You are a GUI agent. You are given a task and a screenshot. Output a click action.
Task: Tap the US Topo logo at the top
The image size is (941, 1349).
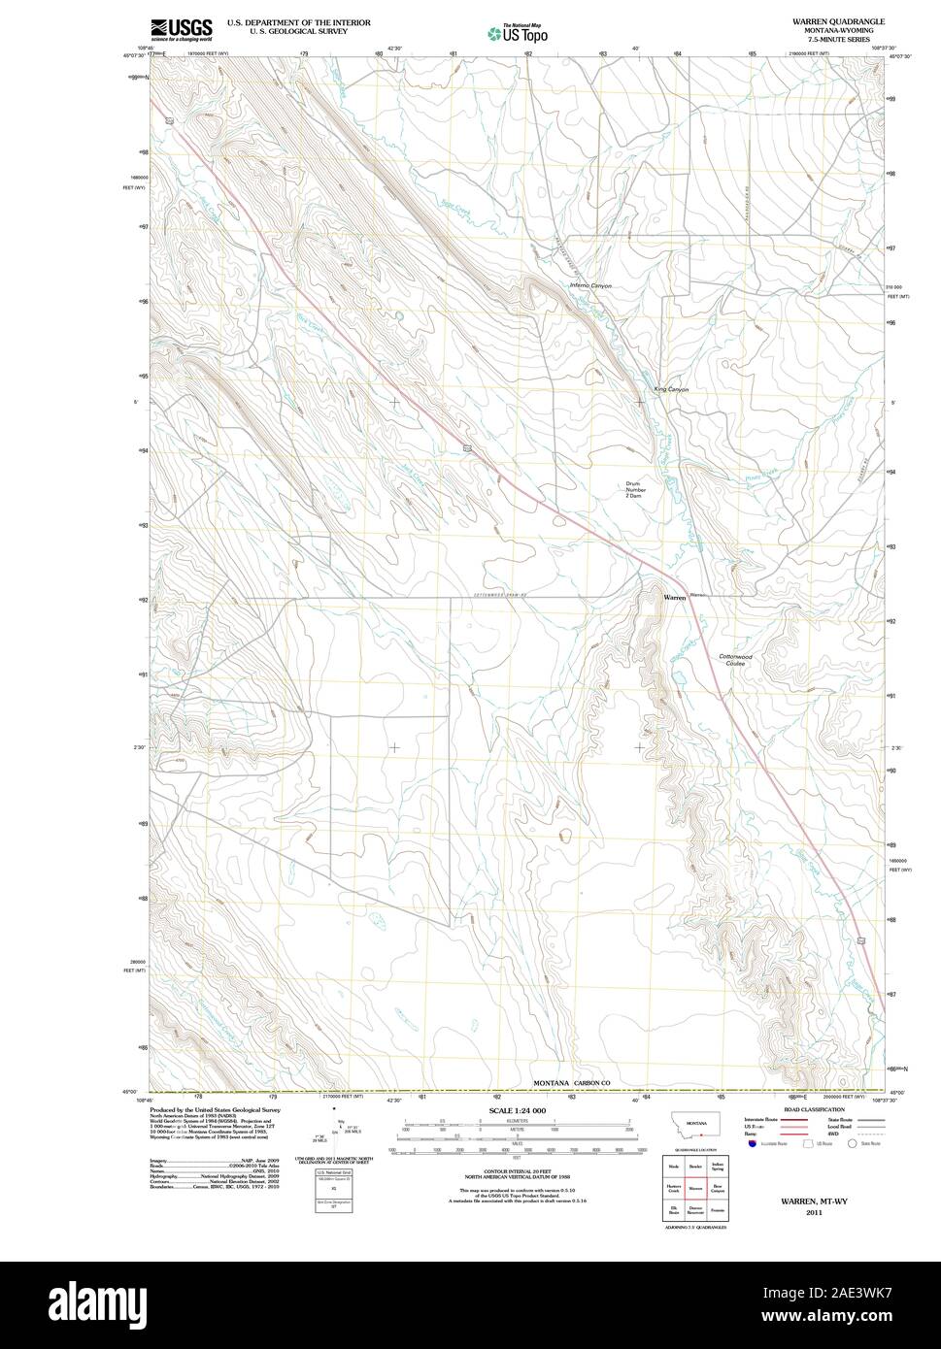tap(519, 33)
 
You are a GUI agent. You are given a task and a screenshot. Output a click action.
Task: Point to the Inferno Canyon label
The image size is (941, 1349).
tap(590, 286)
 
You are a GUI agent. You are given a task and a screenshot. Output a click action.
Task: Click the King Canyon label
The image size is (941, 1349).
tap(671, 389)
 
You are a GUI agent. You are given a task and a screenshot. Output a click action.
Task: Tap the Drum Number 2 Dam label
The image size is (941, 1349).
tap(635, 491)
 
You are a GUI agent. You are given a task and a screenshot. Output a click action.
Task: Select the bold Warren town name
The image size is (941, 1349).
tap(674, 598)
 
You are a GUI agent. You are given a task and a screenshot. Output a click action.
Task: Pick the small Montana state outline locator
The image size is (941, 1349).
tap(693, 1130)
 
